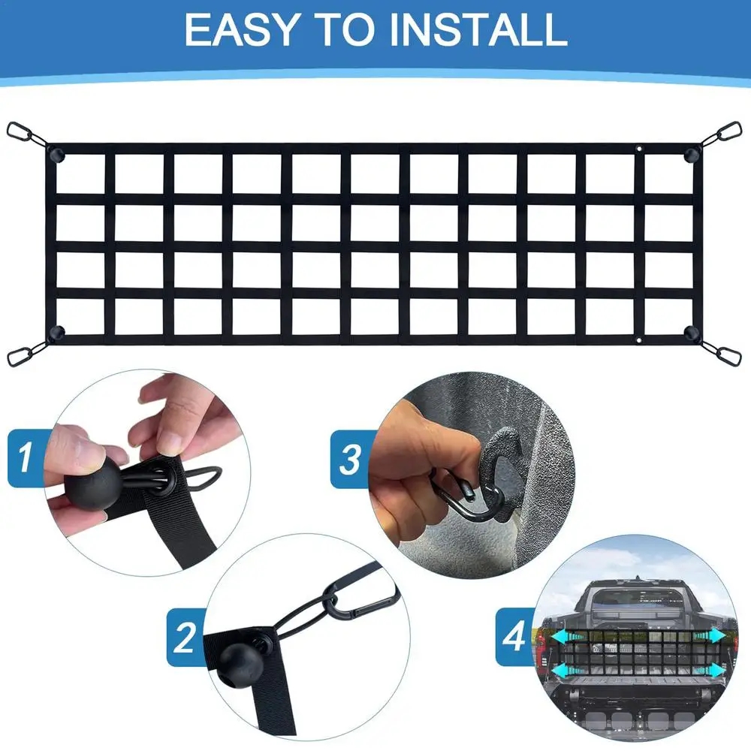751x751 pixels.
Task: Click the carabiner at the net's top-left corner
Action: tap(24, 135)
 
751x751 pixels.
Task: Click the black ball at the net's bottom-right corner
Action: tap(690, 331)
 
